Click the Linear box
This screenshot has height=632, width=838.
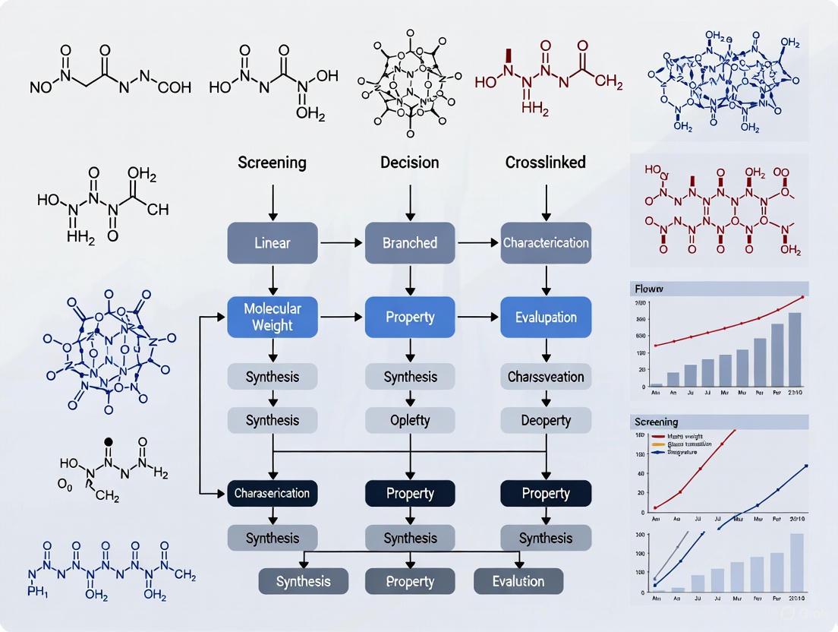273,243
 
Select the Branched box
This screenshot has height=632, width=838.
410,243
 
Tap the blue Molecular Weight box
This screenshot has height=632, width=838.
273,317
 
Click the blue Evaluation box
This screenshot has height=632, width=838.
546,317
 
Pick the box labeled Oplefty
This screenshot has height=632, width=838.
410,420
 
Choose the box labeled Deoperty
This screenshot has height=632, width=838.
546,420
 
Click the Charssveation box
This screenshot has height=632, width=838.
546,377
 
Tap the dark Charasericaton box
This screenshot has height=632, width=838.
273,493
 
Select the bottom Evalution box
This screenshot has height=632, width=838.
518,581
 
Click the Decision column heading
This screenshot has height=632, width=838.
410,163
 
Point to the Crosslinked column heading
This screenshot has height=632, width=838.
546,163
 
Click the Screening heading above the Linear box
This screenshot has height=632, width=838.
273,163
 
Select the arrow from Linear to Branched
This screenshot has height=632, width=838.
342,243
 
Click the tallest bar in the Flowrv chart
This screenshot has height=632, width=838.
794,349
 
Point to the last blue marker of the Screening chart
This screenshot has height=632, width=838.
805,466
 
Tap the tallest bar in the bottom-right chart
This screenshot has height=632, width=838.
796,562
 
